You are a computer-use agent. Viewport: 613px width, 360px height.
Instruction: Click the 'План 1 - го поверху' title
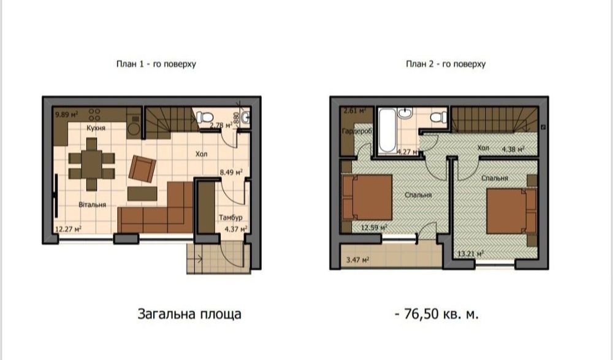click(x=156, y=64)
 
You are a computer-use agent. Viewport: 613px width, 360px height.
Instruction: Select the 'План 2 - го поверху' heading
click(x=446, y=64)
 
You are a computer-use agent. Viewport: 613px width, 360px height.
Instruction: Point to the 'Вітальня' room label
click(x=93, y=204)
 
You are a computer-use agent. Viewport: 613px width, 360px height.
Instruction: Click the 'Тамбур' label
click(x=230, y=218)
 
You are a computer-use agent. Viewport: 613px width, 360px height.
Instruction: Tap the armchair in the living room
click(x=143, y=169)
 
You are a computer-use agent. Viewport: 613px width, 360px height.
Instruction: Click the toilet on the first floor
click(x=205, y=117)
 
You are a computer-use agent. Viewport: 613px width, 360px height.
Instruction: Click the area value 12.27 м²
click(x=68, y=229)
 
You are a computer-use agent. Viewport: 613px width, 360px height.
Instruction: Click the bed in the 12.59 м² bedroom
click(x=365, y=197)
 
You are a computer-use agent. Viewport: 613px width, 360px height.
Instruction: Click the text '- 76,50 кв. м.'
click(x=436, y=314)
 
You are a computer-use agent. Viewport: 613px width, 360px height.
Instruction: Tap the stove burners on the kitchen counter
click(x=96, y=115)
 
